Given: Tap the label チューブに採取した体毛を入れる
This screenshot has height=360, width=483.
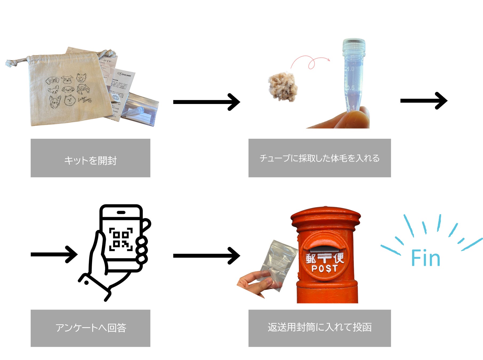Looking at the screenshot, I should pyautogui.click(x=320, y=158).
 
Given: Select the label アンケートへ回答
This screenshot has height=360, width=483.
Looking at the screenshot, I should pyautogui.click(x=90, y=328).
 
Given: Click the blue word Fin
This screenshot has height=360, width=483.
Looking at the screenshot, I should pyautogui.click(x=425, y=258).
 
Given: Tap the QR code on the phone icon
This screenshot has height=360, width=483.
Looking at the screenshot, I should pyautogui.click(x=121, y=239).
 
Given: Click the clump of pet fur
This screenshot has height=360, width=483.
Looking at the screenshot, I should pyautogui.click(x=283, y=87).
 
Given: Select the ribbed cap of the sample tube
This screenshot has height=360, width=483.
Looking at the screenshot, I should pyautogui.click(x=354, y=45).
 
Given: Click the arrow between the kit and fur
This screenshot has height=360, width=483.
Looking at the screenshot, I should pyautogui.click(x=207, y=102).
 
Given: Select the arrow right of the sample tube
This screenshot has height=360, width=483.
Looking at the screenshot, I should pyautogui.click(x=424, y=101).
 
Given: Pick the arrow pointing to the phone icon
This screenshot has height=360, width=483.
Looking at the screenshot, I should pyautogui.click(x=54, y=254).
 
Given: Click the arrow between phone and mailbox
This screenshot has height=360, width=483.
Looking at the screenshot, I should pyautogui.click(x=207, y=256).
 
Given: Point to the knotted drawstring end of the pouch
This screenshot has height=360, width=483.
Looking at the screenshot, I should pyautogui.click(x=10, y=63).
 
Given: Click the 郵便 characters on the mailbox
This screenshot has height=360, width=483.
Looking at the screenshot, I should pyautogui.click(x=325, y=258).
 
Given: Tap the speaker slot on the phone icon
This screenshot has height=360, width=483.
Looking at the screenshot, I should pyautogui.click(x=121, y=213).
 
